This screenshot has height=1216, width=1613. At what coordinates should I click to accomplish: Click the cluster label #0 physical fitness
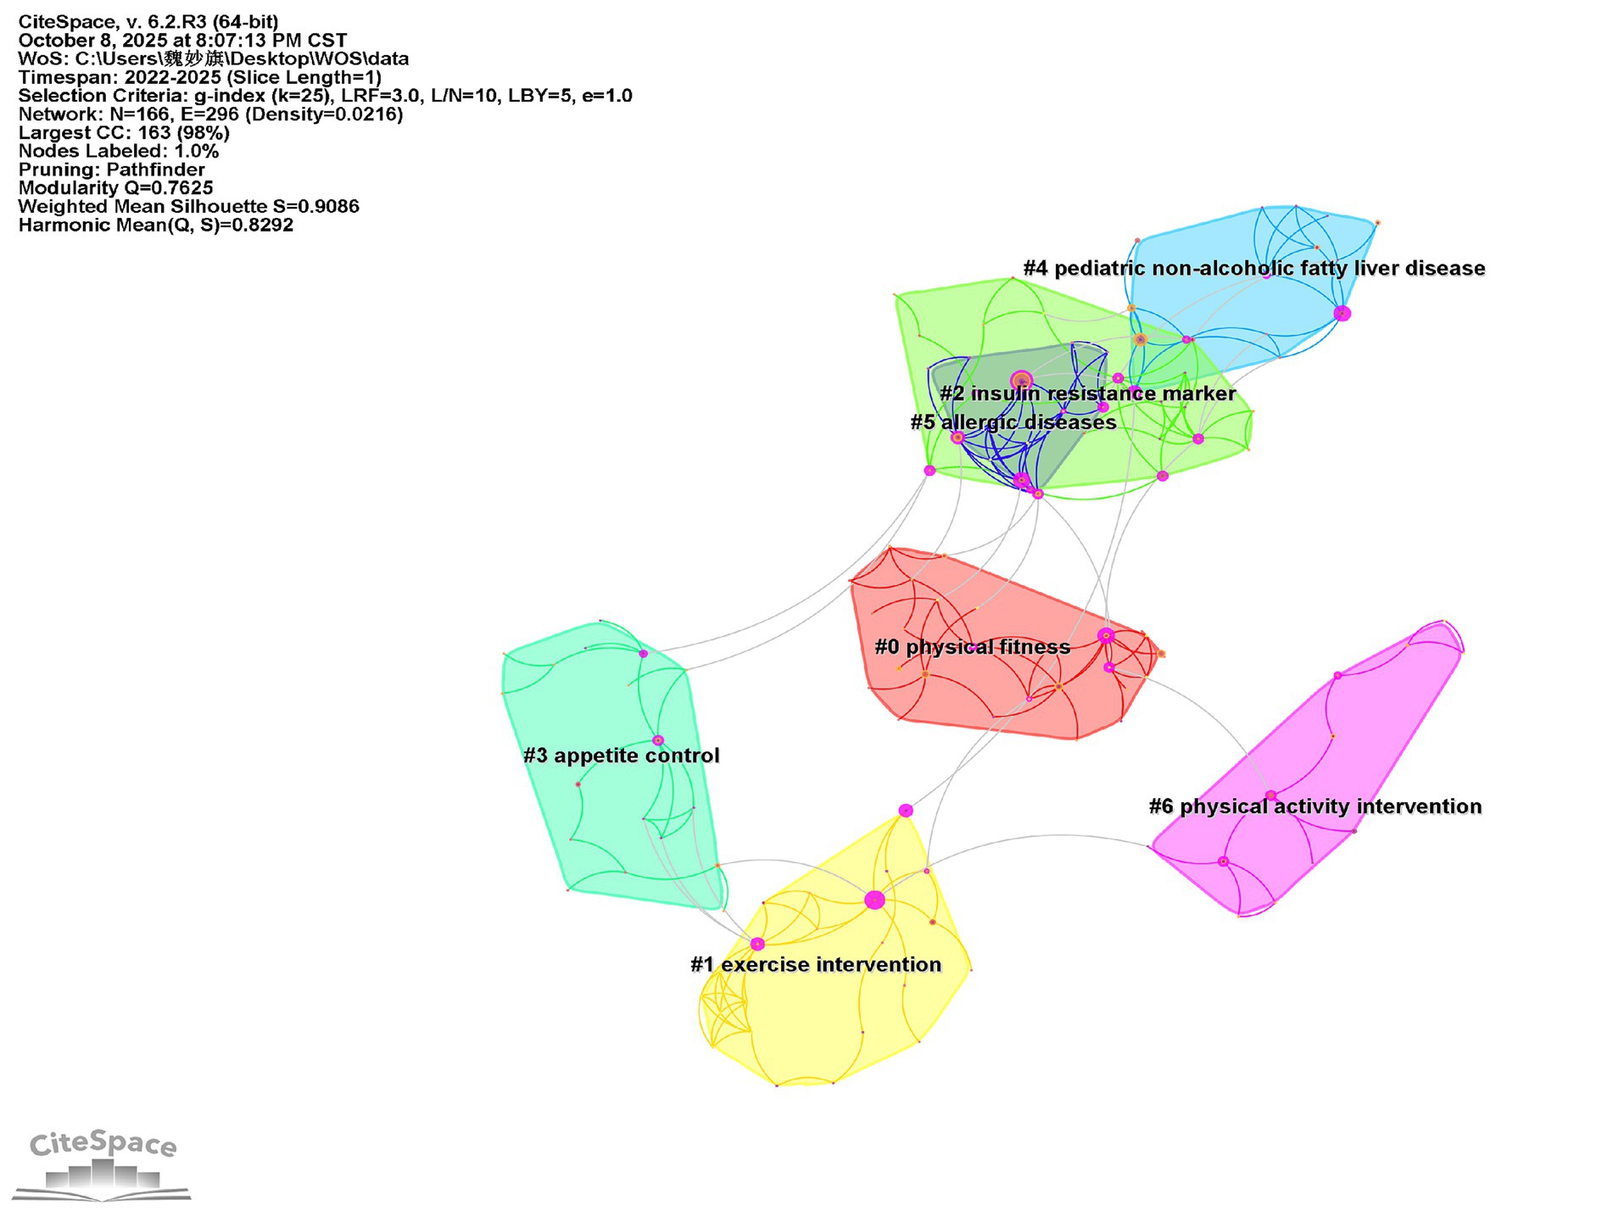point(972,647)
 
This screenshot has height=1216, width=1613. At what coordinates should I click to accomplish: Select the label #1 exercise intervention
point(816,964)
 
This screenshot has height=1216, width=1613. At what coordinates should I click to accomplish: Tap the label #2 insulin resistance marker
point(1087,393)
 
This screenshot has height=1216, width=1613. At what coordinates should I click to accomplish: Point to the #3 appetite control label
point(622,756)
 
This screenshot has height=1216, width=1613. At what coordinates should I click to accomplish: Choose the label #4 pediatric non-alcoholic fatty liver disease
point(1254,268)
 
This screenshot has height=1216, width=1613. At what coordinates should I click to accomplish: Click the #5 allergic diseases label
point(1013,422)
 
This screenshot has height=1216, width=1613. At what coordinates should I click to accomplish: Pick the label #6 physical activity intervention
point(1315,806)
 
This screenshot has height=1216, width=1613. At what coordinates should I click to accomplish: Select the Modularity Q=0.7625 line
point(115,188)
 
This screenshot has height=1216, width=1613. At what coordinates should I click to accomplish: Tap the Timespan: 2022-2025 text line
point(199,77)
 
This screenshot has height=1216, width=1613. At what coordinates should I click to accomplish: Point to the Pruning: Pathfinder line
point(111,170)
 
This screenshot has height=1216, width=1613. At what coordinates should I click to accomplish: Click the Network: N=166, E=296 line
point(210,114)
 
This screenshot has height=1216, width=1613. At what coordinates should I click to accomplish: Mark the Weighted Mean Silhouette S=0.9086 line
point(188,207)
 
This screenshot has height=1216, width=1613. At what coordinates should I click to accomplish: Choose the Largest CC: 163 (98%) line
point(124,133)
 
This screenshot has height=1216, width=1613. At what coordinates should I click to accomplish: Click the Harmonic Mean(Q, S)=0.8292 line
point(156,226)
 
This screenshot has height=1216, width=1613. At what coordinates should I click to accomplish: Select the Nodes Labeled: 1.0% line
point(119,152)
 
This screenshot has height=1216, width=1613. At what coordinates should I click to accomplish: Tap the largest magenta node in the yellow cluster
point(874,900)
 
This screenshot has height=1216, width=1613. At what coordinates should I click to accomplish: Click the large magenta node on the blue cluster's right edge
point(1342,314)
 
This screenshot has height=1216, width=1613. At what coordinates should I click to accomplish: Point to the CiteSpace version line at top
point(148,22)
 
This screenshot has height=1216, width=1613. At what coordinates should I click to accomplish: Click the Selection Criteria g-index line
point(325,96)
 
